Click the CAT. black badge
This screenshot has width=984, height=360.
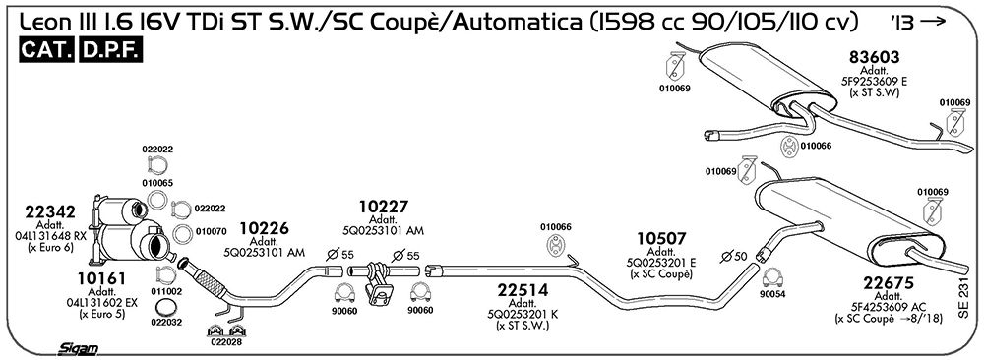coord(47,51)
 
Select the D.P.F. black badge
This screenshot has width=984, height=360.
coord(111,51)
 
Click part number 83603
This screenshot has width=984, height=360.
coord(874,58)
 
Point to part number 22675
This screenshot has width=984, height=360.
coord(889,283)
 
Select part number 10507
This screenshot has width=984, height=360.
coord(661,239)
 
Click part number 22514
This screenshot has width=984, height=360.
coord(523,290)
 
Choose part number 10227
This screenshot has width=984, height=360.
coord(384,207)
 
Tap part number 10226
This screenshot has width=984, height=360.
coord(264,229)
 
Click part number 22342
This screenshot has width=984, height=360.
coord(50,212)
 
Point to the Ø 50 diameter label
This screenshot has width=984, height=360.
coord(735,256)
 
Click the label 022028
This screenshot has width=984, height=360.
coord(226,343)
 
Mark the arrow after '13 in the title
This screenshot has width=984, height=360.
coord(934,22)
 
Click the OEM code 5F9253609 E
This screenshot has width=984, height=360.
coord(874,81)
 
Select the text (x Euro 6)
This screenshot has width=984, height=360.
coord(50,247)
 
